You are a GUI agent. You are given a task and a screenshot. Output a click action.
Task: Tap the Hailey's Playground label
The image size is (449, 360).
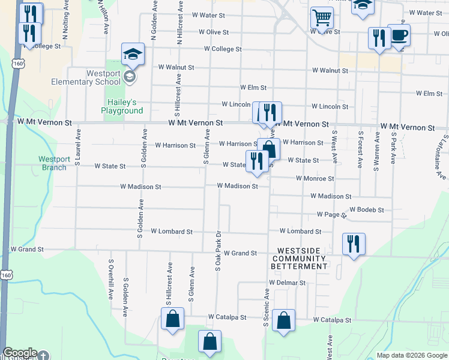click(125, 106)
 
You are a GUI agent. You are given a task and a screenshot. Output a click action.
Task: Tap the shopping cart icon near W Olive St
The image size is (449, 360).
click(322, 19)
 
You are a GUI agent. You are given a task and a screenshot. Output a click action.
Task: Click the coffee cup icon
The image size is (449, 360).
click(399, 35)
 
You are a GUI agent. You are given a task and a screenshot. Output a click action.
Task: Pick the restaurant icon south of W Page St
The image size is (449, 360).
click(353, 244)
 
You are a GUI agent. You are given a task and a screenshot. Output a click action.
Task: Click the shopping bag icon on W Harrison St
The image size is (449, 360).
click(269, 149)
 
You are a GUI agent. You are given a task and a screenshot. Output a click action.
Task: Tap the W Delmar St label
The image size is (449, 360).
click(288, 283)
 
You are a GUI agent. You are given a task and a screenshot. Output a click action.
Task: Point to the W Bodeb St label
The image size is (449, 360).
click(366, 210)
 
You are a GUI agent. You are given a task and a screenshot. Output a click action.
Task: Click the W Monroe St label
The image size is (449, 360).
click(315, 179)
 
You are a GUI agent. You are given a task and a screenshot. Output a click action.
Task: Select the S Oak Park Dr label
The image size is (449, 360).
click(218, 250)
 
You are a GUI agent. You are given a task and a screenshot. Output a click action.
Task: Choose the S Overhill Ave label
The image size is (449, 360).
click(111, 279)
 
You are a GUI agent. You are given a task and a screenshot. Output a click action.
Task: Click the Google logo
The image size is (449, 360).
click(19, 353)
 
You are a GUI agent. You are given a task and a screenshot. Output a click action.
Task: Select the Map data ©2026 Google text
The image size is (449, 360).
click(411, 355)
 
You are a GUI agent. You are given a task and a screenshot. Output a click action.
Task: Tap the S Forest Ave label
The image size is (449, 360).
click(360, 149)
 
